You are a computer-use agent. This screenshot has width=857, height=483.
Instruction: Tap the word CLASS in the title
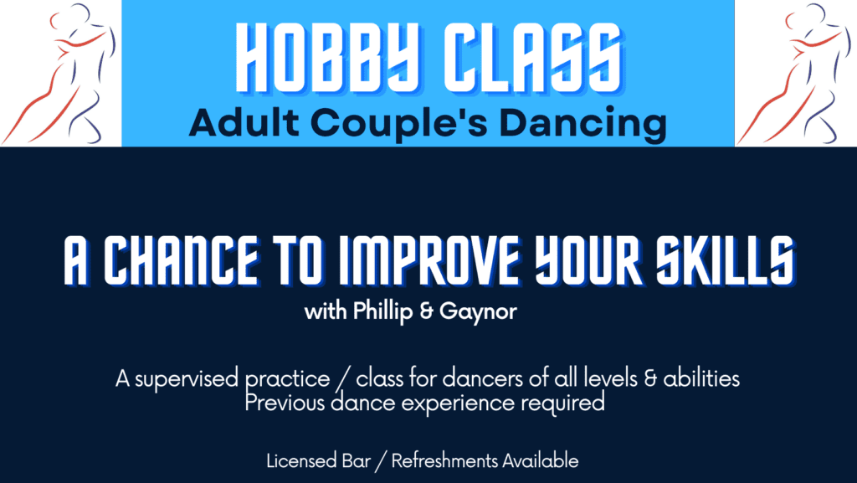533,58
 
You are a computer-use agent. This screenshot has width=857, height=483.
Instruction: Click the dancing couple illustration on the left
60,74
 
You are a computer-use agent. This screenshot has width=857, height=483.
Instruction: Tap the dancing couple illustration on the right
796,74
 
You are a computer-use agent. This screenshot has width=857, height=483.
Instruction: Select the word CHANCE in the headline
181,260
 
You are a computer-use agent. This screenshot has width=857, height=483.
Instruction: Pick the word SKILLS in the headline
725,260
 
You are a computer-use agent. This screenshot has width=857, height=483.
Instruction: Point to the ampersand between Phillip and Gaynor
426,311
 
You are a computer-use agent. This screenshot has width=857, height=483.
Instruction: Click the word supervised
187,379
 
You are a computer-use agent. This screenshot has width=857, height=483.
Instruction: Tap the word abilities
701,378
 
